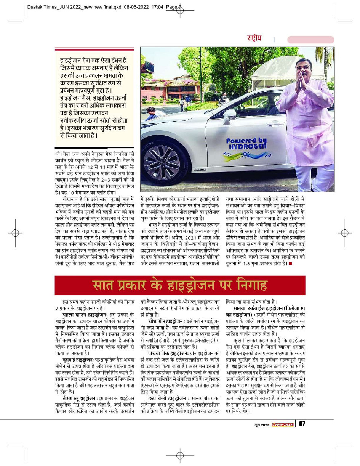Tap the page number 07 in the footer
302,424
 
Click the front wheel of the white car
162,164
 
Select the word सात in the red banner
103,285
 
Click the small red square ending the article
290,263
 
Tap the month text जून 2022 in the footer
262,424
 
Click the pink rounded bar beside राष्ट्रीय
310,40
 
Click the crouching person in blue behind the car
150,113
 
